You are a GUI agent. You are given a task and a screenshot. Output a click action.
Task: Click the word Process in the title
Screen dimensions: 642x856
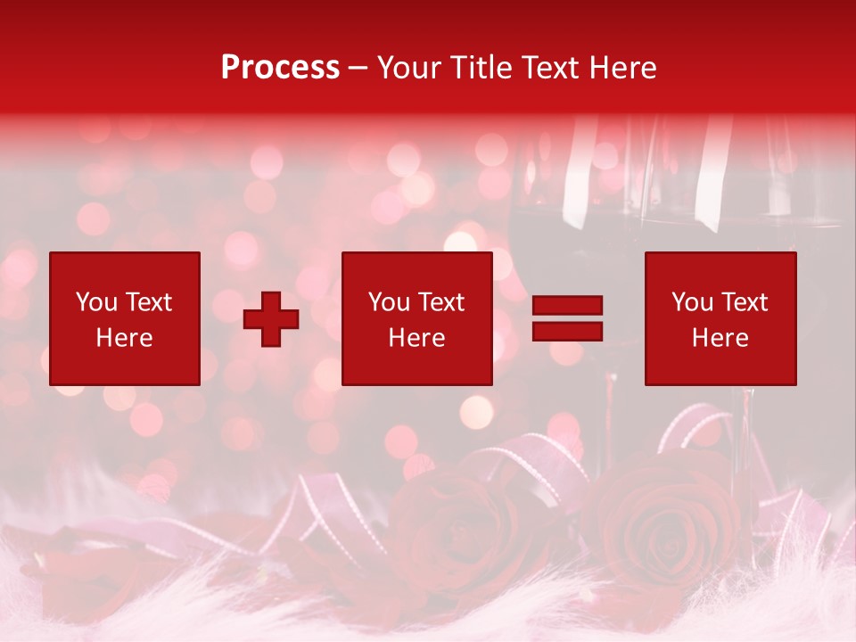pos(280,68)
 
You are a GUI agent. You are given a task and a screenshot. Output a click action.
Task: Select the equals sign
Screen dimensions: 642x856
pos(567,318)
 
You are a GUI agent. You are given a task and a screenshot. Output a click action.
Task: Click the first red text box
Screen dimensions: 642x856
pos(125,318)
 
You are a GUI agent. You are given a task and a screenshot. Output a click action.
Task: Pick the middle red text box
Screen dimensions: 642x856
pos(417,318)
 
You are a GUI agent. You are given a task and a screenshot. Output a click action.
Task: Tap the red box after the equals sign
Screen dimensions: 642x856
pos(720,318)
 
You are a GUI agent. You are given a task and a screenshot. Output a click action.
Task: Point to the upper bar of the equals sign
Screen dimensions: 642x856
pos(567,306)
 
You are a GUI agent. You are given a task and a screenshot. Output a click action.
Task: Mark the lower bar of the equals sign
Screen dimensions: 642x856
pos(567,331)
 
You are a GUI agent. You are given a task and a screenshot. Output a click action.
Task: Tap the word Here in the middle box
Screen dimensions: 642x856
pos(417,338)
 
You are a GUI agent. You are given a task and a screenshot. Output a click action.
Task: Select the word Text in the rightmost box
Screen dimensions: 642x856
pos(745,302)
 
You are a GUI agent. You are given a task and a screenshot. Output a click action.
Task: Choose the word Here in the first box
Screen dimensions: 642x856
pos(125,338)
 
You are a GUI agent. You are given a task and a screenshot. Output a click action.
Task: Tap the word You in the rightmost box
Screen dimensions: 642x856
pos(693,302)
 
